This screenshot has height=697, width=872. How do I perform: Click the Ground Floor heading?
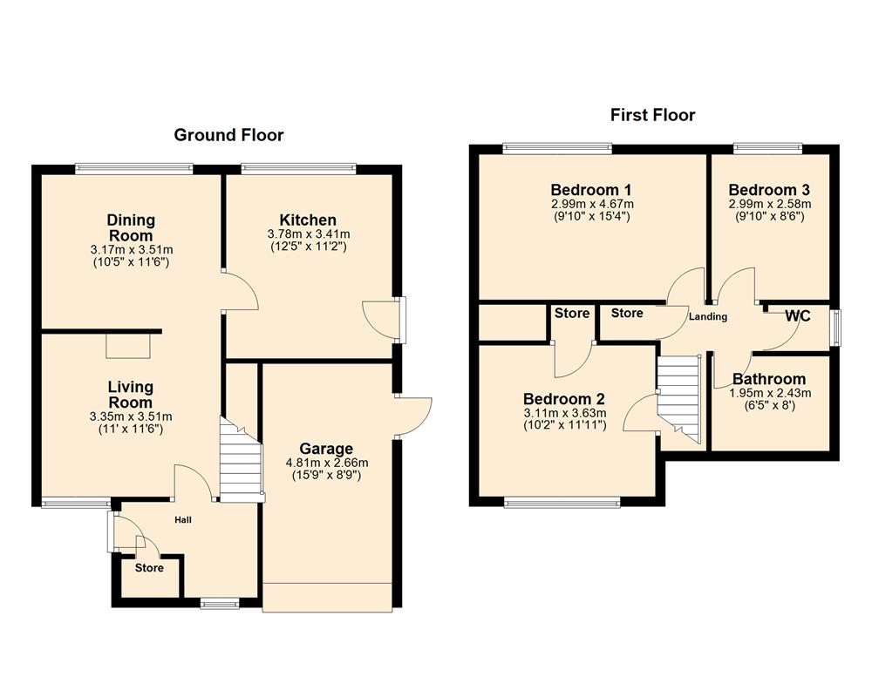(228, 135)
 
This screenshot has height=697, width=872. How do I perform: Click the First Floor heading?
(652, 115)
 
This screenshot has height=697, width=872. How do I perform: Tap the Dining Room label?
(130, 227)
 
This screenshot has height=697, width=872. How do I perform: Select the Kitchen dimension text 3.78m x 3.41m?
(308, 234)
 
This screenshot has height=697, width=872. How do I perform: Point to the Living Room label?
(130, 395)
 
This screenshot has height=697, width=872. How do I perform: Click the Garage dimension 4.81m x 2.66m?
(327, 463)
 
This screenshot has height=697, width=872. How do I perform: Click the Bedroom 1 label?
(590, 190)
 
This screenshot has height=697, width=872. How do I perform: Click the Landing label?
(707, 316)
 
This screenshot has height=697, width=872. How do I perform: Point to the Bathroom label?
(768, 379)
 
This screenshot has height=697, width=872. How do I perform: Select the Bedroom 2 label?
(564, 399)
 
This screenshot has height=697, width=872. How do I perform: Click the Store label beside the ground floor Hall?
(149, 568)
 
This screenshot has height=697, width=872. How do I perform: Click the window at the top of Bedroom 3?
(766, 149)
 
